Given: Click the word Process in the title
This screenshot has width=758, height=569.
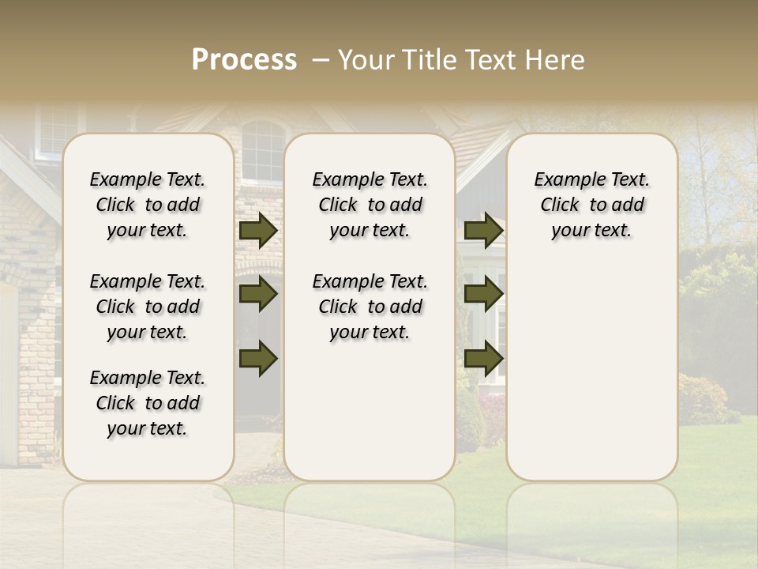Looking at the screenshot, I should tap(244, 60).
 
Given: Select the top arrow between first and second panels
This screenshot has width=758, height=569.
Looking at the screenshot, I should tap(258, 230).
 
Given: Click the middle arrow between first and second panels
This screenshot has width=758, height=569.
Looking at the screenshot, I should tap(258, 294).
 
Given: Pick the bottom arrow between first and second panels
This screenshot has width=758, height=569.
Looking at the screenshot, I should tap(258, 358).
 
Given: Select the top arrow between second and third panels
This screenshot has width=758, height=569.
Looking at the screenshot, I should tap(483, 230).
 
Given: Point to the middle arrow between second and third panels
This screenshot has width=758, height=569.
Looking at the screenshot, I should tap(483, 294).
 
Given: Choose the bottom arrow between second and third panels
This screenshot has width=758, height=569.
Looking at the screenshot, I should tap(483, 358).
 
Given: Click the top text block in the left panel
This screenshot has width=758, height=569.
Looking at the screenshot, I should tap(148, 205).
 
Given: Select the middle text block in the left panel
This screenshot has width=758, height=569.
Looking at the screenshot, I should tap(148, 307).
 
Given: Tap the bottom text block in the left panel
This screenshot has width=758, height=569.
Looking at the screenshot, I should tap(148, 403).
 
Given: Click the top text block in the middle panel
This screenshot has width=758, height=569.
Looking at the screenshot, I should tap(370, 205).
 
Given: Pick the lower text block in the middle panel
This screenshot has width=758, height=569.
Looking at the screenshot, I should tap(370, 307).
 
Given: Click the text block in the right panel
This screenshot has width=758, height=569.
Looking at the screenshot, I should tap(592, 205).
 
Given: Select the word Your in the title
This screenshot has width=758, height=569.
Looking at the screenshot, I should tap(358, 60).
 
